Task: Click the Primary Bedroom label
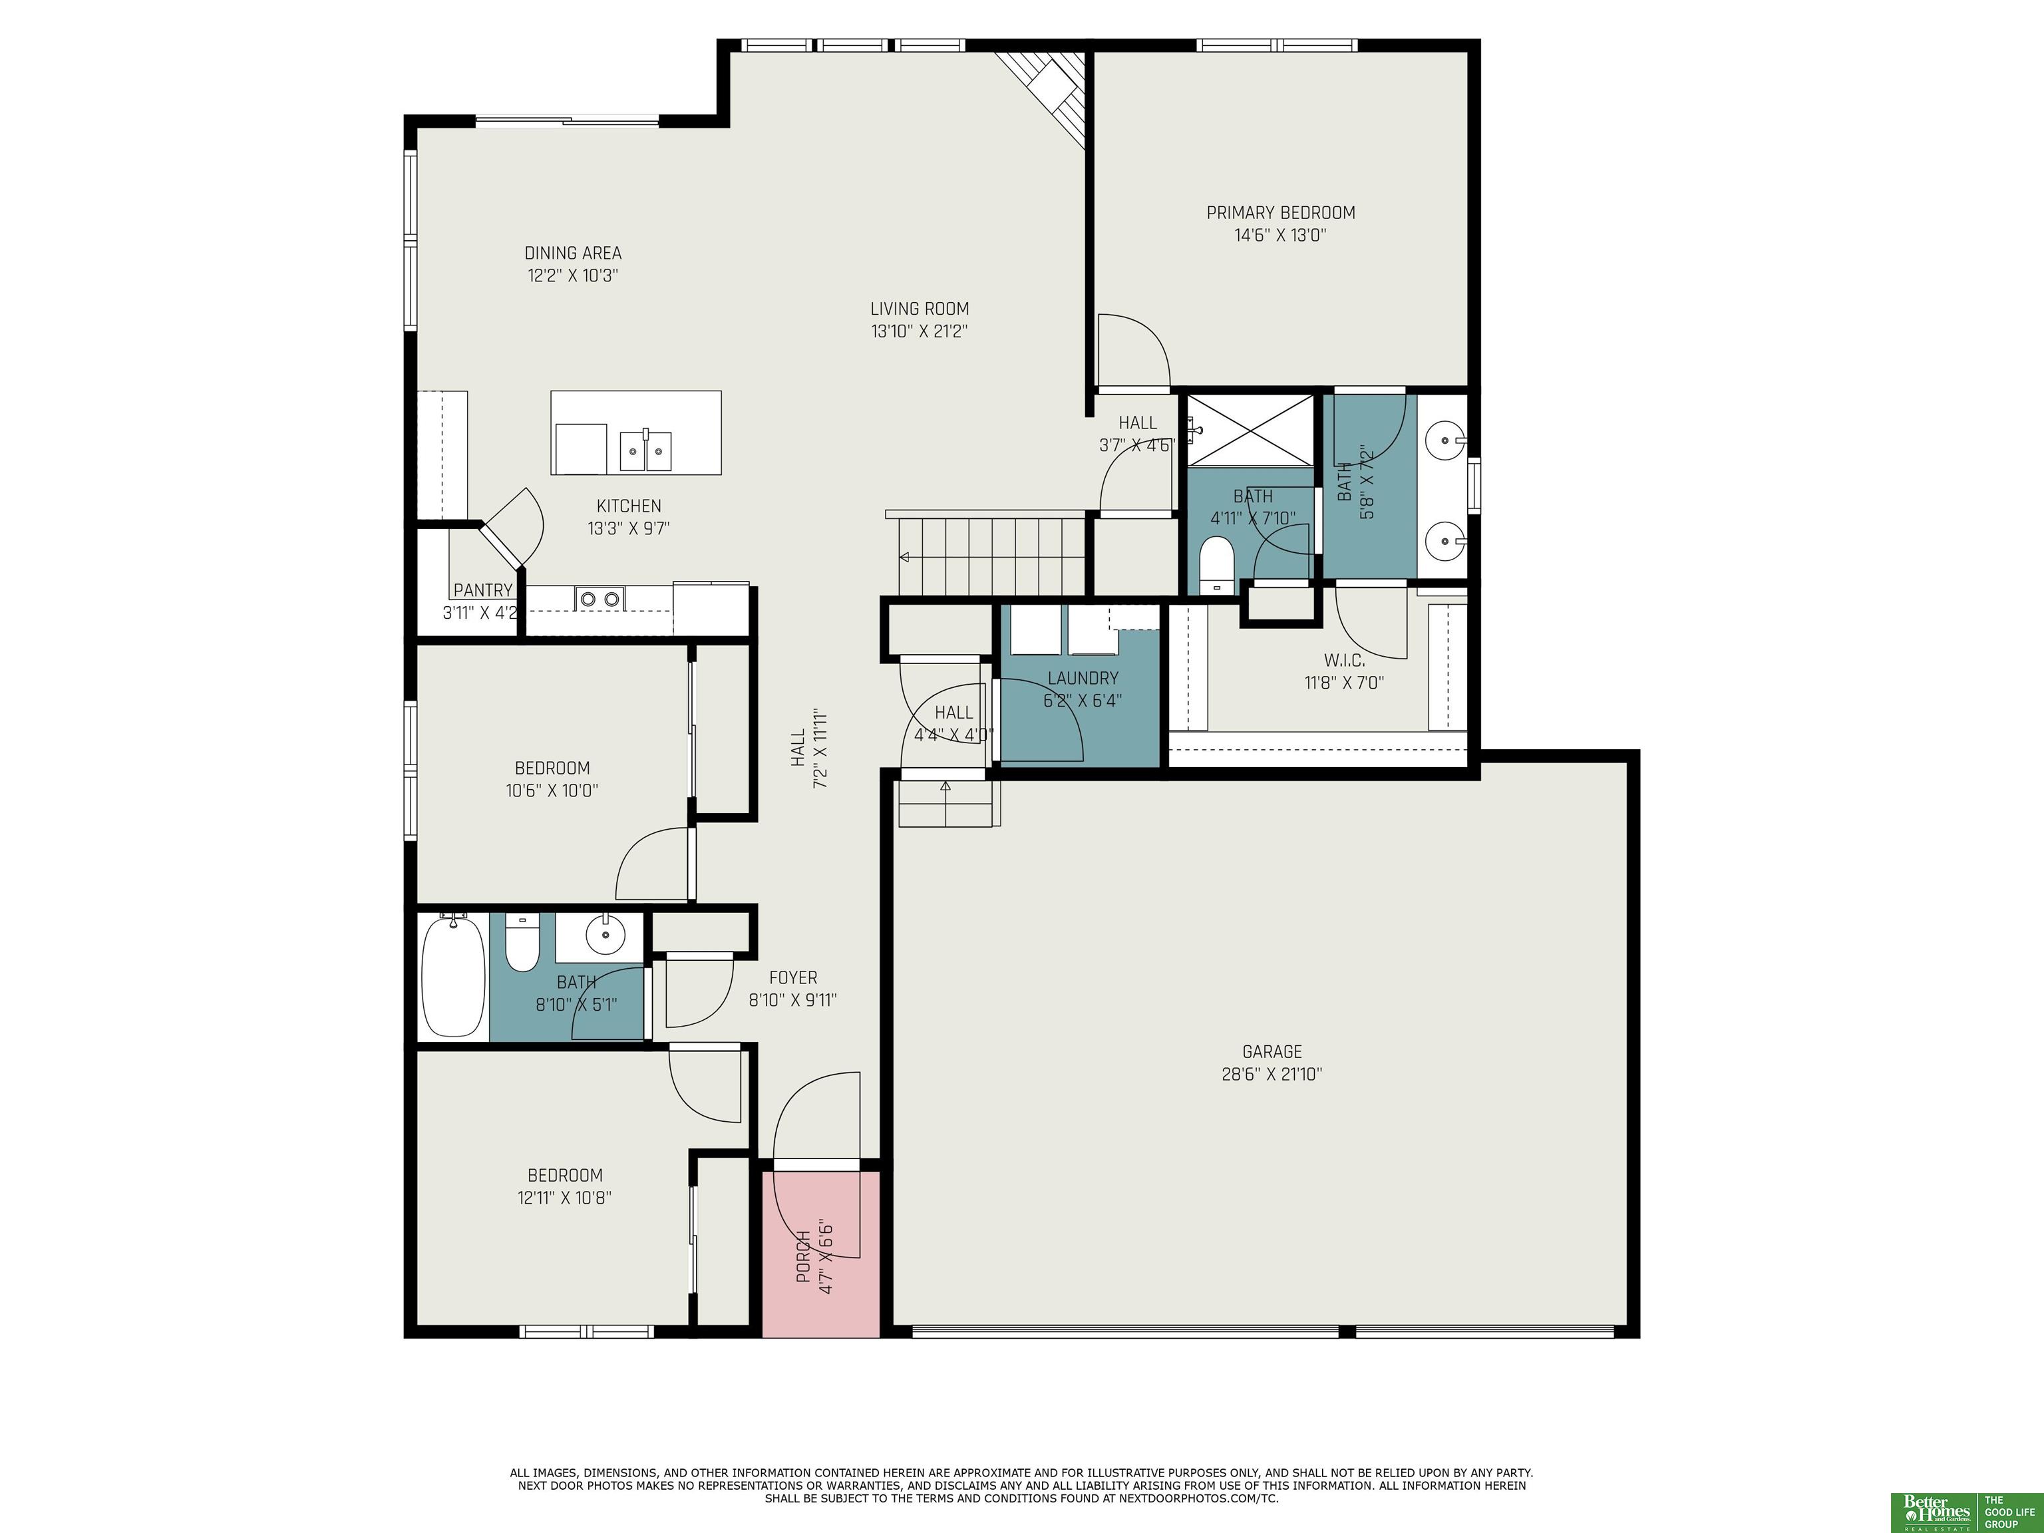(1281, 212)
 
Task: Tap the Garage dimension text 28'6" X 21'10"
(1272, 1074)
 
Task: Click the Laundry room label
(1083, 678)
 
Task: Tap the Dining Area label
(573, 254)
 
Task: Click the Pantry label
(482, 590)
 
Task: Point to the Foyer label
(793, 977)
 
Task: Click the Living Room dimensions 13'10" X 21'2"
(920, 331)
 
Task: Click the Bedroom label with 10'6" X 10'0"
(552, 768)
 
